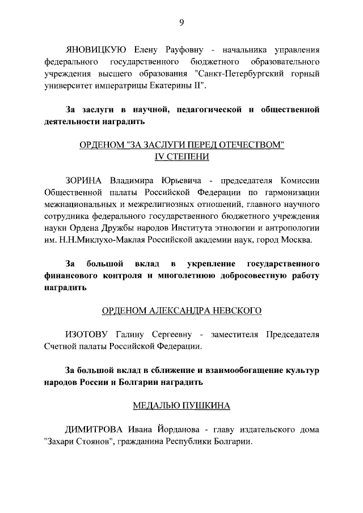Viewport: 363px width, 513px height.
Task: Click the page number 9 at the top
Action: coord(181,23)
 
